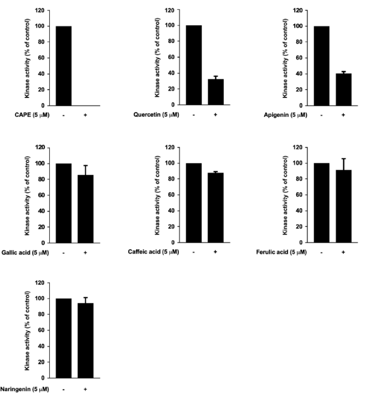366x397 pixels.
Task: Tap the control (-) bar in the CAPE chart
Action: tap(63, 65)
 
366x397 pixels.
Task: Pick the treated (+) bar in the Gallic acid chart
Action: tap(85, 208)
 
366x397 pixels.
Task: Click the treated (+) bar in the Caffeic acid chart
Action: tap(215, 208)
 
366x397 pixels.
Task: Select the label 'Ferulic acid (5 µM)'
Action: tap(281, 252)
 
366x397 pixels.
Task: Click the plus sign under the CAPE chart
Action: tap(85, 115)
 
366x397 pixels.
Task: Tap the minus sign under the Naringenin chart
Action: tap(63, 388)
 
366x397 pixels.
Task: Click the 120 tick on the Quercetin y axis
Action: tap(175, 10)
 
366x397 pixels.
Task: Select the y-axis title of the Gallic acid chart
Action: tap(26, 194)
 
